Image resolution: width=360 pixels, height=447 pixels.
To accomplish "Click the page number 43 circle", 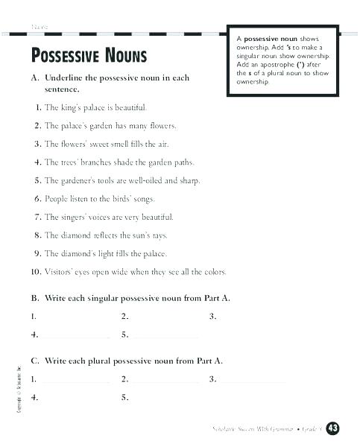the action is [333, 428].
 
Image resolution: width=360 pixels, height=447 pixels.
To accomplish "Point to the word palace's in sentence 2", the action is [78, 126].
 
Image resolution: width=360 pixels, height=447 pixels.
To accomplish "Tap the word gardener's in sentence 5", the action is [81, 180].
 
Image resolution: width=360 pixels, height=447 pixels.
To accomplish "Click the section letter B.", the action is [34, 298].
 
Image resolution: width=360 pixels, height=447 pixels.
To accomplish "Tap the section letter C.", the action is [34, 361].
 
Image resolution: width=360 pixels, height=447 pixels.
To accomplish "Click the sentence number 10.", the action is [36, 272].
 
